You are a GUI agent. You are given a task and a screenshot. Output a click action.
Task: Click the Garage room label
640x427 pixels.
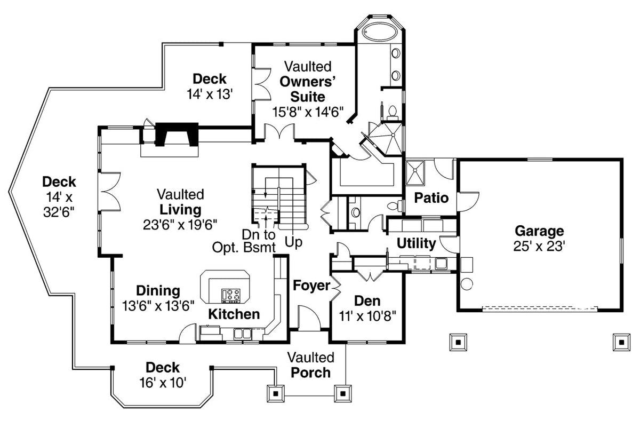(539, 231)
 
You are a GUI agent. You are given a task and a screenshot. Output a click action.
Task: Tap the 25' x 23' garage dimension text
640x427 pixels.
(539, 247)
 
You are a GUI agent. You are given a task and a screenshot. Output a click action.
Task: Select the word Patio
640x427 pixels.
(431, 198)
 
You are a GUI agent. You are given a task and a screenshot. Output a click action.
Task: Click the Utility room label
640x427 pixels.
(416, 244)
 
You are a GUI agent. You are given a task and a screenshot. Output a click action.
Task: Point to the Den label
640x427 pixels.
(366, 301)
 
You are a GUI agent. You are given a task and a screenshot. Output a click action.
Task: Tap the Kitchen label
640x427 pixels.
(234, 314)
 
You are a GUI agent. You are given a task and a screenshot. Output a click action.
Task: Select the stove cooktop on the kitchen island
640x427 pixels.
(231, 294)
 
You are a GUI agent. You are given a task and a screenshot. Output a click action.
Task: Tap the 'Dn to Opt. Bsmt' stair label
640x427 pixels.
(244, 241)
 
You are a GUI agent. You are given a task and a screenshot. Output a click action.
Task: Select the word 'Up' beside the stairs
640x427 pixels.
(293, 242)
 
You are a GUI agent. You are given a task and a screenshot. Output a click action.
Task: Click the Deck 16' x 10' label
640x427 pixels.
(162, 375)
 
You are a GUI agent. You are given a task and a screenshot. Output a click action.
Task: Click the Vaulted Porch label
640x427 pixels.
(311, 365)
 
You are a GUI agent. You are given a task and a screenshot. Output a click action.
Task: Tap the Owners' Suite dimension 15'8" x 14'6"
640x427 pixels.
(307, 113)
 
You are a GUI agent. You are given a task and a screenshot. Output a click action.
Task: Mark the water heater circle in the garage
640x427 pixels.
(466, 284)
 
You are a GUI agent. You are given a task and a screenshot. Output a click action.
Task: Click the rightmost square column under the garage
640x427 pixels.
(620, 341)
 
